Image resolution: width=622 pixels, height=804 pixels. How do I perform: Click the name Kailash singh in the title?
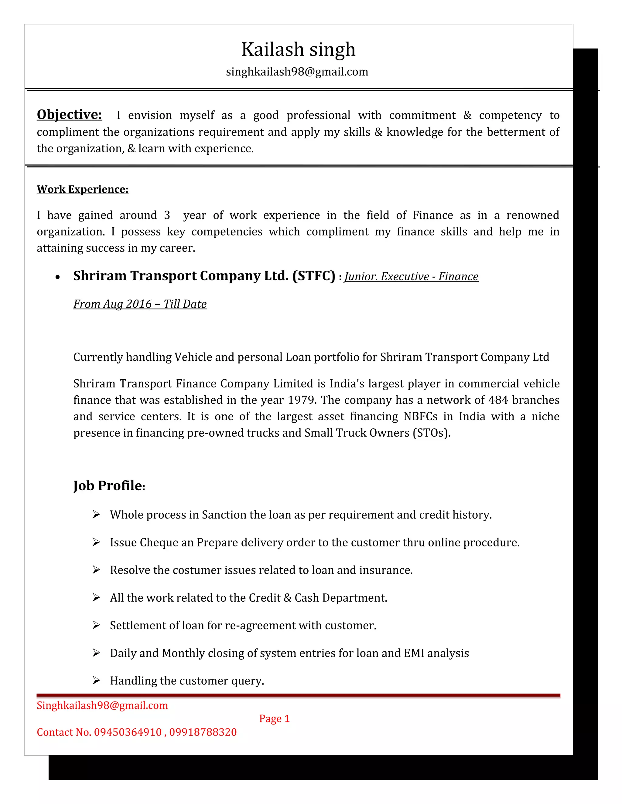(298, 49)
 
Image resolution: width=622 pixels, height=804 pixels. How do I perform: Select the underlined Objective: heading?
(69, 114)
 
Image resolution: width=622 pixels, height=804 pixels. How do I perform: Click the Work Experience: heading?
(83, 189)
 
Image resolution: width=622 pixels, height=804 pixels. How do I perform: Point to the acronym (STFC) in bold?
(313, 276)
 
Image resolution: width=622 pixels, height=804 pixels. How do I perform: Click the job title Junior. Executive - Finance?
(411, 276)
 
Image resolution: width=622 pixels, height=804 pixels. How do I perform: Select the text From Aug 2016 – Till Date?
(140, 304)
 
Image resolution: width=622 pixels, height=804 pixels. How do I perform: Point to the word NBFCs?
(420, 416)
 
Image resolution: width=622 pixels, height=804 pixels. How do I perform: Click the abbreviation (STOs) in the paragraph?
(430, 433)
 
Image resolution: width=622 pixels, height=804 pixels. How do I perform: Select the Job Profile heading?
(108, 486)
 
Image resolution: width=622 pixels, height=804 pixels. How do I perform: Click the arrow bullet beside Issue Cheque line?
(96, 542)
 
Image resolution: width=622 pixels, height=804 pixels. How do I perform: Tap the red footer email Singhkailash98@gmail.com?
(102, 705)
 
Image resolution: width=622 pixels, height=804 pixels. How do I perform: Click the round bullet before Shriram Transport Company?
(57, 278)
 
